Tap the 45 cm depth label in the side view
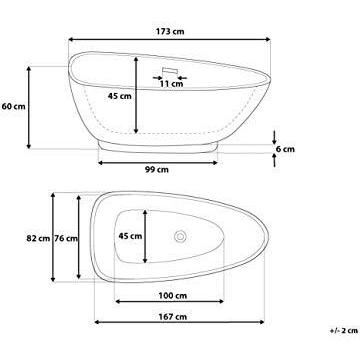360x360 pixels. pyautogui.click(x=120, y=97)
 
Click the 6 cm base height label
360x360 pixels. pyautogui.click(x=286, y=146)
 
